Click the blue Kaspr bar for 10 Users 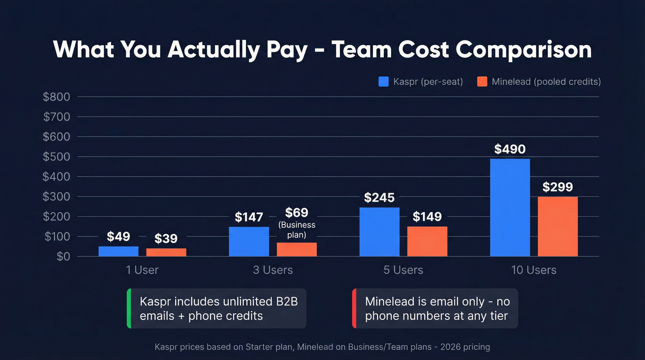510,207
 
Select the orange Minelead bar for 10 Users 557,226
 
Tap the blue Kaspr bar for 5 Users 379,232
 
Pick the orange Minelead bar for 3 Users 297,249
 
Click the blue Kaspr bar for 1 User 118,251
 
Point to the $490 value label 510,149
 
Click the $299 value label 557,187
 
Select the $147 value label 249,217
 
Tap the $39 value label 166,239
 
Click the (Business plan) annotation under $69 297,230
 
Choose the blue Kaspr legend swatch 384,82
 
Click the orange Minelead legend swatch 482,82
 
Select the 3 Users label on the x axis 273,270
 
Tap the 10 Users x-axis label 534,270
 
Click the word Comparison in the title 524,50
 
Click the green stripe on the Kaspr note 129,308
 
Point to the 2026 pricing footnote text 322,347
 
